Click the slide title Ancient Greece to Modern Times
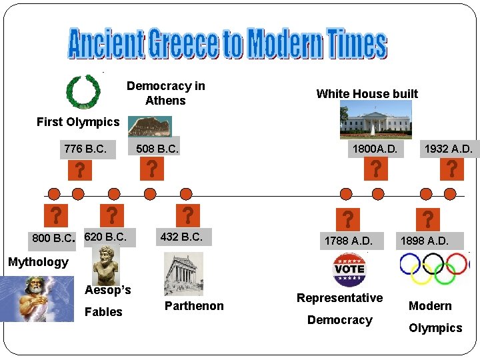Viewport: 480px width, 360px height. point(228,43)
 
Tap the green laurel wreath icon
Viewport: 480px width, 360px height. point(83,92)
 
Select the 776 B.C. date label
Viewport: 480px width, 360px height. point(85,149)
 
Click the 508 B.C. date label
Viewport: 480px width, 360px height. point(157,149)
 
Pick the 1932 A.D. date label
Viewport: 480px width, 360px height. point(448,149)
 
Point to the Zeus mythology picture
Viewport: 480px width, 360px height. point(37,298)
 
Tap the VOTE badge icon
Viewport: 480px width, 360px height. point(349,269)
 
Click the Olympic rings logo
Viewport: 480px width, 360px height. point(434,268)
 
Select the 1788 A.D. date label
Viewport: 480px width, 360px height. point(349,241)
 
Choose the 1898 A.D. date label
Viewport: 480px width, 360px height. point(424,241)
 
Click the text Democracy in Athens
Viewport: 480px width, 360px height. point(165,93)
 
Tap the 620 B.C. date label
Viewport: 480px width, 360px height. point(105,237)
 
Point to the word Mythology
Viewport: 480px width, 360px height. point(38,262)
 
